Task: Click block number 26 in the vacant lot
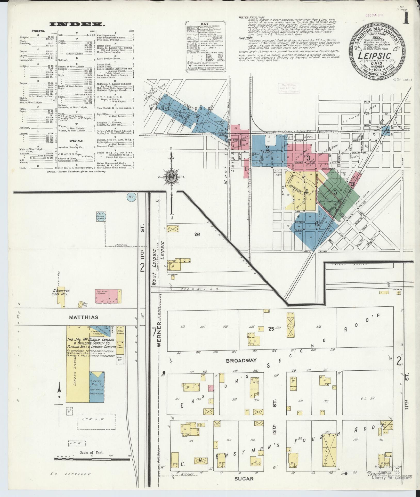(197, 234)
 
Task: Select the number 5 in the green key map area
(335, 192)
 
